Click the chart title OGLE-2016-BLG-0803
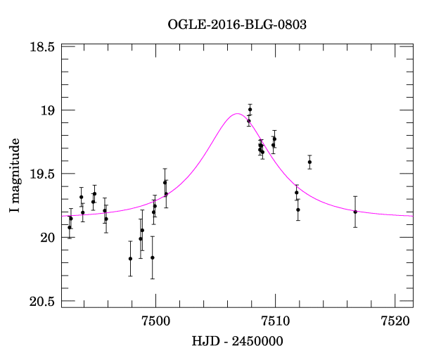tap(237, 25)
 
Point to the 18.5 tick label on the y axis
tap(42, 47)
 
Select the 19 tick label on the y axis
tap(48, 110)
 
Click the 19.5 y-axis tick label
tap(42, 174)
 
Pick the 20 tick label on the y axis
tap(48, 238)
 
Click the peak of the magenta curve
tap(237, 114)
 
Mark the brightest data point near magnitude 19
tap(250, 110)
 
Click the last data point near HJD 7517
tap(355, 212)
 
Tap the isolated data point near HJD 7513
tap(309, 162)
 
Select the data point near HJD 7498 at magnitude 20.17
tap(130, 259)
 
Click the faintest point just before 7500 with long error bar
tap(153, 257)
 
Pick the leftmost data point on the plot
tap(69, 227)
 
